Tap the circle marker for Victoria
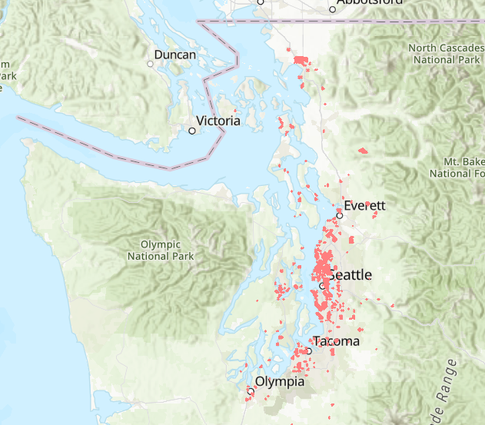coord(192,131)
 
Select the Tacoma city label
coord(336,341)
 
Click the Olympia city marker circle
coord(251,391)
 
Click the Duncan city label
coord(175,55)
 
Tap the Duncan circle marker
coord(151,64)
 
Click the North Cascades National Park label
coord(445,53)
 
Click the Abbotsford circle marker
coord(333,10)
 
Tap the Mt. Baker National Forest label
coord(461,168)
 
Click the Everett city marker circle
coord(339,215)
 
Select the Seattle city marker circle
coord(323,285)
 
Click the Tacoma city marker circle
coord(308,350)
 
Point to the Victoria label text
coord(218,121)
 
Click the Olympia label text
coord(280,382)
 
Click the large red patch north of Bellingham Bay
coord(301,60)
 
